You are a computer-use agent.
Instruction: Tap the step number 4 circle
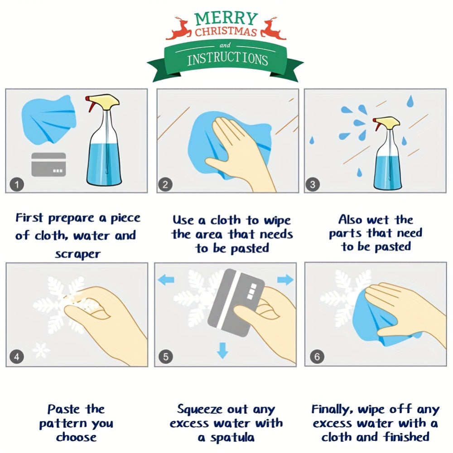[16, 357]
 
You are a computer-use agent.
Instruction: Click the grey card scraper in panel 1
[48, 164]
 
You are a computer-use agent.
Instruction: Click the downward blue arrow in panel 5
[222, 350]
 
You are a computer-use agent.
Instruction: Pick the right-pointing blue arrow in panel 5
[285, 280]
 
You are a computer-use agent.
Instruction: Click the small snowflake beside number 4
[42, 350]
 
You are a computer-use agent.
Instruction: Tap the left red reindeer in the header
[180, 29]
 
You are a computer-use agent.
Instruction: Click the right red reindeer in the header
[274, 29]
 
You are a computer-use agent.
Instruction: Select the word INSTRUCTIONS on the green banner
[227, 59]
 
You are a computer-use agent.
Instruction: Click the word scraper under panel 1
[77, 254]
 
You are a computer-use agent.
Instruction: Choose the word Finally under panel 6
[332, 410]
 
